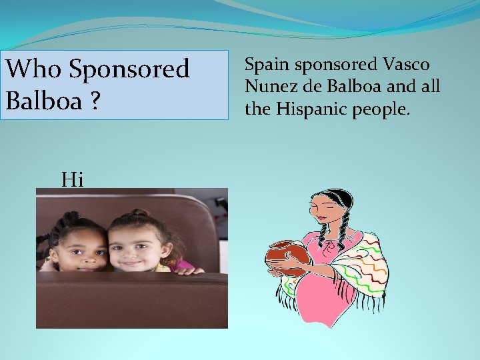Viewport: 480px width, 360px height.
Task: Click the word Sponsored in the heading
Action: pos(129,69)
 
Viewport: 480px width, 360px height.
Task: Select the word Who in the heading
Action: pos(33,69)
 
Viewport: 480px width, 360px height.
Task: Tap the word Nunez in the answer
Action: pos(266,87)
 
